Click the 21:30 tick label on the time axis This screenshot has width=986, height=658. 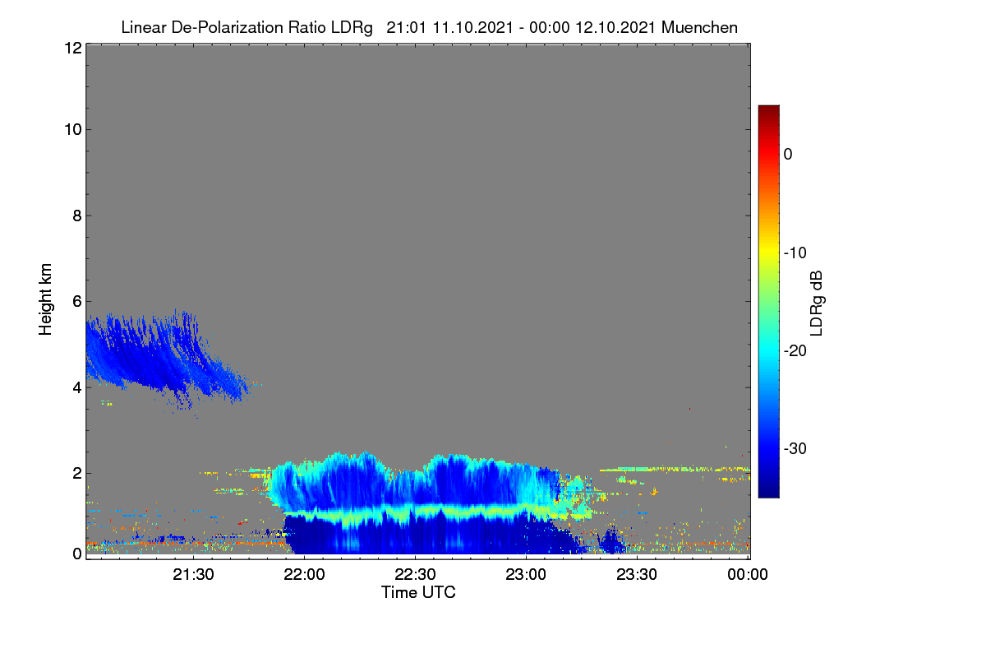[193, 575]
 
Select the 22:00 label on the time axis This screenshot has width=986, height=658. [304, 575]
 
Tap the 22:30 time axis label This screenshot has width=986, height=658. [415, 575]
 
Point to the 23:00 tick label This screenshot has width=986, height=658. [526, 575]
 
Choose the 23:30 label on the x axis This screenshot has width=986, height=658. [637, 575]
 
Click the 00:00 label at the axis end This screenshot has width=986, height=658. [748, 575]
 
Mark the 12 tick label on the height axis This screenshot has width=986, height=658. [73, 48]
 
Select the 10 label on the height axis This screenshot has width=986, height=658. [73, 130]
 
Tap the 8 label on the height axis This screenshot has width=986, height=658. [77, 216]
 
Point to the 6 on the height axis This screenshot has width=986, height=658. [77, 302]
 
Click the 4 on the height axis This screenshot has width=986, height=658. [77, 388]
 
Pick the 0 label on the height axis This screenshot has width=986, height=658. [77, 554]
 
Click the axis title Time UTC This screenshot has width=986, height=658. [418, 593]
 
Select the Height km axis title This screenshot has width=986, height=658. [45, 299]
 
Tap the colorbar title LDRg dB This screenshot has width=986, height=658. [816, 304]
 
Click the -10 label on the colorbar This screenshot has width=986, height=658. [795, 253]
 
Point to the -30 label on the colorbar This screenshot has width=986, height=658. [795, 448]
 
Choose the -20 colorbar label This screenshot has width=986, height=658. [795, 351]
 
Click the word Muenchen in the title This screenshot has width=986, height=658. [699, 28]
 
